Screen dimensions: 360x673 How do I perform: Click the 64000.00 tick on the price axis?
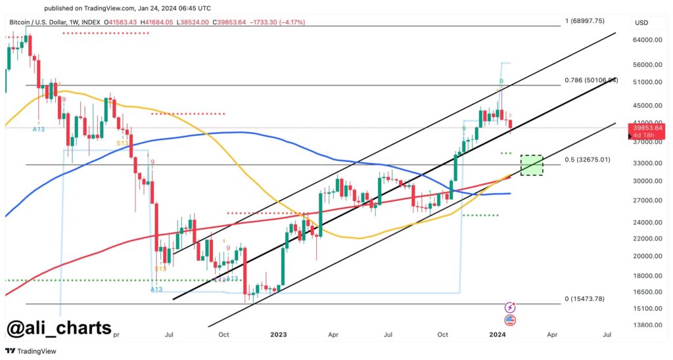point(647,40)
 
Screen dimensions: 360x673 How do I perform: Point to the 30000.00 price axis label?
point(647,181)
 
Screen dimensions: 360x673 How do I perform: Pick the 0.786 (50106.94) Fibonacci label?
point(592,80)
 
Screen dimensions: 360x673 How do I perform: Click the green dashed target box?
point(532,166)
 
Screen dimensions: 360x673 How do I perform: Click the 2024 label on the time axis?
point(498,334)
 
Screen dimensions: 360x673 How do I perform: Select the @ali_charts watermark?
point(60,328)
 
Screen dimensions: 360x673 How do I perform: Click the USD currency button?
point(641,23)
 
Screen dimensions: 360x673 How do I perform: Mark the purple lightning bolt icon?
point(510,307)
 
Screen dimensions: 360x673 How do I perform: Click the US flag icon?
point(510,321)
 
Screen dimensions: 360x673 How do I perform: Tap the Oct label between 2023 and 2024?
point(443,334)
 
